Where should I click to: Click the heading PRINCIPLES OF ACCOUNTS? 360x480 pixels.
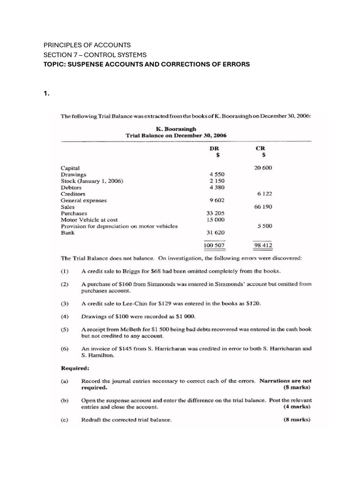coord(87,45)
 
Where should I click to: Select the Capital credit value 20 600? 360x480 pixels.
coord(263,168)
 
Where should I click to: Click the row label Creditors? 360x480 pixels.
coord(73,194)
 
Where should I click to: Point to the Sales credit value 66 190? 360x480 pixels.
coord(263,207)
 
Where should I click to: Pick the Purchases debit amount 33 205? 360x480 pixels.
coord(216,213)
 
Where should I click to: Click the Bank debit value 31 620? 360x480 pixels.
coord(216,232)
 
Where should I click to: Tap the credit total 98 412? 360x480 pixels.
coord(263,245)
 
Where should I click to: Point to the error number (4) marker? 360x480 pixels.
coord(65,317)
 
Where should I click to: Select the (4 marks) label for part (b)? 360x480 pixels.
coord(296,407)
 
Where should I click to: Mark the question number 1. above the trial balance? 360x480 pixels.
coord(46,93)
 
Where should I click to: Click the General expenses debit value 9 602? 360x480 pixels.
coord(216,200)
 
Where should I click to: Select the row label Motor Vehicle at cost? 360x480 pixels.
coord(90,220)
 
